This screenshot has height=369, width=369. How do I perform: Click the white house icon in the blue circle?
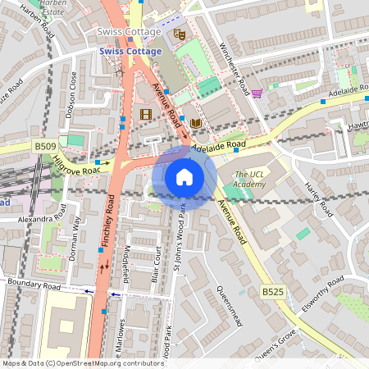pyautogui.click(x=184, y=176)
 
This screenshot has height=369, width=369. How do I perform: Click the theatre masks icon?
pyautogui.click(x=180, y=34)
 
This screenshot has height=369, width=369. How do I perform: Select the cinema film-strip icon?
pyautogui.click(x=146, y=115)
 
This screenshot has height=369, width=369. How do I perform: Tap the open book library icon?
pyautogui.click(x=195, y=123)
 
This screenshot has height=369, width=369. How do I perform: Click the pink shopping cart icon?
pyautogui.click(x=257, y=94)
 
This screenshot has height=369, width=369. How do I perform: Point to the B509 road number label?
pyautogui.click(x=47, y=146)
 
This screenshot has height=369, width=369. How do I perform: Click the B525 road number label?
pyautogui.click(x=273, y=291)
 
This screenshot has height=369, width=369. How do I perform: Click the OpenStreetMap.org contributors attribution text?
pyautogui.click(x=105, y=362)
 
